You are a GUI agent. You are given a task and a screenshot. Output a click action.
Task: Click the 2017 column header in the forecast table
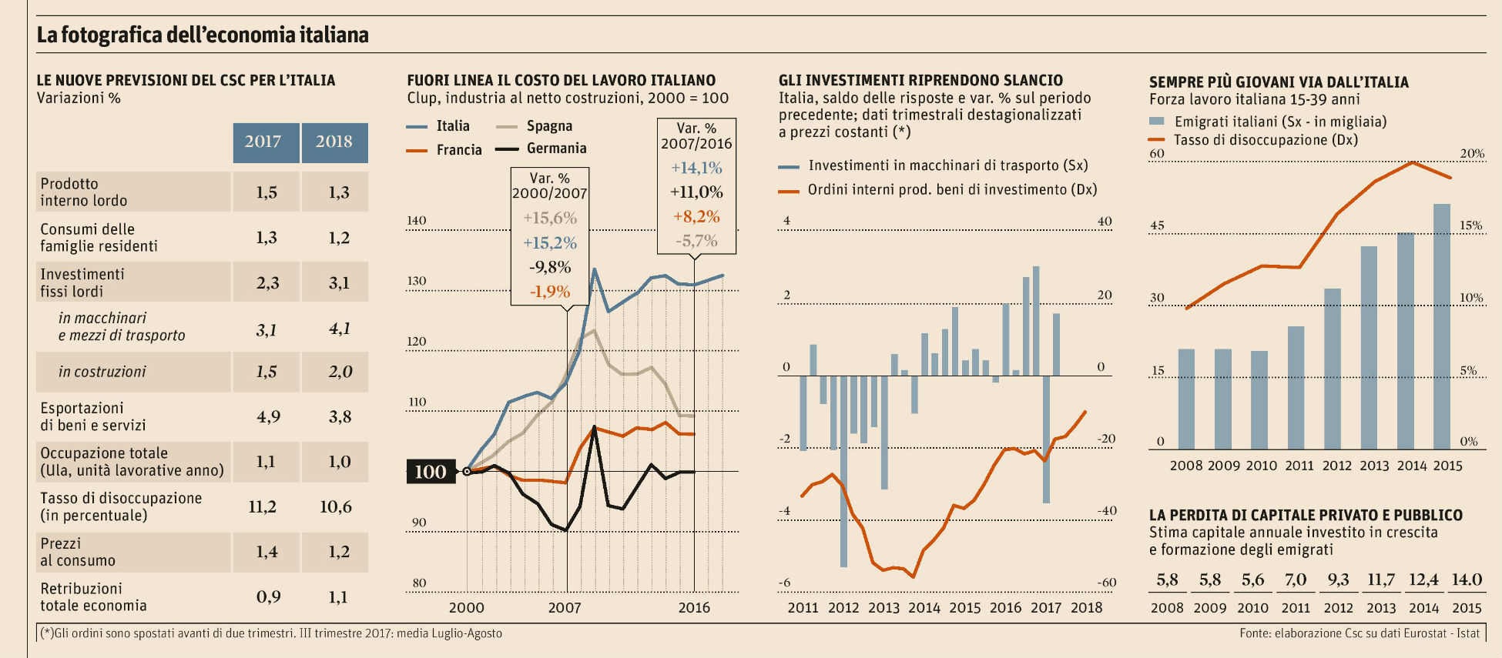click(x=263, y=142)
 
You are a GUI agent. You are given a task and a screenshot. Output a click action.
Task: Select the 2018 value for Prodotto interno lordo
click(x=338, y=192)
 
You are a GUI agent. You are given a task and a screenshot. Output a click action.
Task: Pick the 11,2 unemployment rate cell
click(x=263, y=506)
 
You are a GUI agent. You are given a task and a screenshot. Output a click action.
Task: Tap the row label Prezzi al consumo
click(x=78, y=552)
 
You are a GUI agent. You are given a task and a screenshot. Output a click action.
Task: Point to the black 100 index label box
click(x=430, y=472)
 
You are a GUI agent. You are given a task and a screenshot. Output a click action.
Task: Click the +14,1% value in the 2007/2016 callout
click(x=696, y=168)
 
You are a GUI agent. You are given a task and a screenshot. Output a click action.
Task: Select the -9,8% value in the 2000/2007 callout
click(x=550, y=267)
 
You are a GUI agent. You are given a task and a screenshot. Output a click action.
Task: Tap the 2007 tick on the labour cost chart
click(x=565, y=607)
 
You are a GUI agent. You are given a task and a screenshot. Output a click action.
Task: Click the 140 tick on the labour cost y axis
click(x=416, y=220)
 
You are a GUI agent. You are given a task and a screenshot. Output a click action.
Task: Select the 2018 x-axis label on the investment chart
click(x=1086, y=607)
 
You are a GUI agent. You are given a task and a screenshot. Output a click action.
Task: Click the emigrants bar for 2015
click(x=1441, y=326)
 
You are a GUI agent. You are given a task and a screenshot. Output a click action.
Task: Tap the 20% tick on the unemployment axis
click(x=1472, y=154)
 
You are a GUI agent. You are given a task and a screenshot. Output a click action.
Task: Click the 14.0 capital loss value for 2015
click(x=1467, y=580)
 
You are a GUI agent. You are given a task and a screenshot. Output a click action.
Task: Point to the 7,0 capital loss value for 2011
click(x=1296, y=580)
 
